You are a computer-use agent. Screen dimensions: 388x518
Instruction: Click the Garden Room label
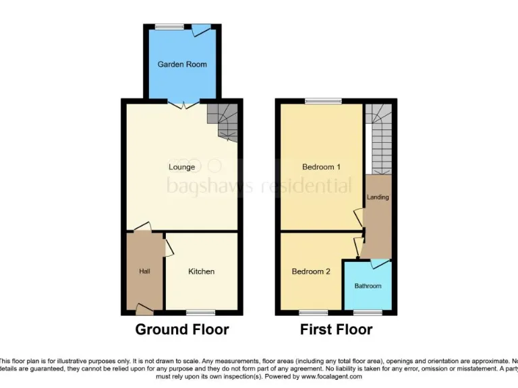pyautogui.click(x=182, y=65)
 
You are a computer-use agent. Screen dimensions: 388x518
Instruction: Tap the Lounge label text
pyautogui.click(x=181, y=167)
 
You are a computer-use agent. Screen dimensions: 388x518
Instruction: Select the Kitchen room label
pyautogui.click(x=201, y=271)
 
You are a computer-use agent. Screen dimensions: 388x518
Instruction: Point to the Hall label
pyautogui.click(x=144, y=271)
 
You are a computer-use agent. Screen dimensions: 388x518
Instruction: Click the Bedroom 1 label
pyautogui.click(x=321, y=167)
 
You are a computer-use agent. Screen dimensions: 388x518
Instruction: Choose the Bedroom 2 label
pyautogui.click(x=311, y=272)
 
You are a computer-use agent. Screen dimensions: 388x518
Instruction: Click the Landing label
pyautogui.click(x=378, y=197)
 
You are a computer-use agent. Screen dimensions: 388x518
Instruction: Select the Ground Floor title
pyautogui.click(x=182, y=329)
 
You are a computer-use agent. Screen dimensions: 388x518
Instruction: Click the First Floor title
pyautogui.click(x=336, y=329)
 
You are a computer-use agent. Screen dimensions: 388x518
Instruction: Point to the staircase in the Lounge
pyautogui.click(x=223, y=121)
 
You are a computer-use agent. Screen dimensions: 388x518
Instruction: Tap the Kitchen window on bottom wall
pyautogui.click(x=200, y=313)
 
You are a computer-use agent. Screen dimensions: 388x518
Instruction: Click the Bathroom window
pyautogui.click(x=368, y=313)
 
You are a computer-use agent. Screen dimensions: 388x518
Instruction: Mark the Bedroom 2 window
pyautogui.click(x=313, y=313)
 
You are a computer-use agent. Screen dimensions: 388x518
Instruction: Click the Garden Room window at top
pyautogui.click(x=169, y=27)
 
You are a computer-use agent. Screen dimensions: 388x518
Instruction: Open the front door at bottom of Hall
pyautogui.click(x=144, y=309)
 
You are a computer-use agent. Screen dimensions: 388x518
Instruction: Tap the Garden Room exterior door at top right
pyautogui.click(x=201, y=30)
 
